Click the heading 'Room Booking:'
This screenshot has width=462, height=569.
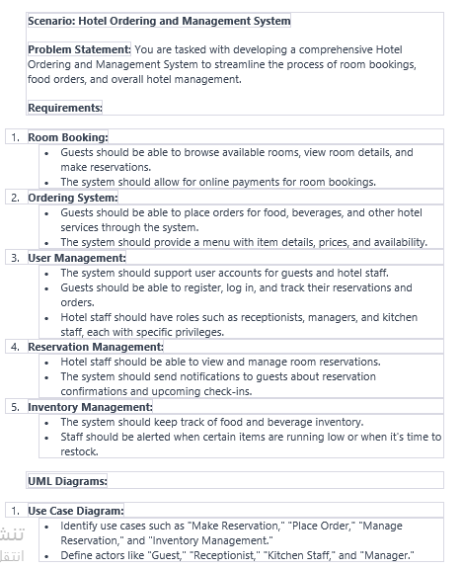pos(67,137)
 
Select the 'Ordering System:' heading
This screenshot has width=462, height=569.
pos(72,198)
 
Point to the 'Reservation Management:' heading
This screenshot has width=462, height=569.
pos(95,347)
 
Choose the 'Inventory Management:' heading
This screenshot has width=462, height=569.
pos(90,407)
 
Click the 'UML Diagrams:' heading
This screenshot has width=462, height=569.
pos(67,481)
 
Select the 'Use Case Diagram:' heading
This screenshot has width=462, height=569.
pos(76,511)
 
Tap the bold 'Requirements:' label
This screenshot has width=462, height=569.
pos(64,108)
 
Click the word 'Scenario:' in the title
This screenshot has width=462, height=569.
pos(52,21)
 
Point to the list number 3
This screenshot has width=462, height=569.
pos(15,258)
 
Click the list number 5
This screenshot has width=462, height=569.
pos(15,407)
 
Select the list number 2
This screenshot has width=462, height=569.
pos(15,198)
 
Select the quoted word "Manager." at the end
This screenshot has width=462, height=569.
pos(387,555)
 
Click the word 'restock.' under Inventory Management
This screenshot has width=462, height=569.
pos(80,451)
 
